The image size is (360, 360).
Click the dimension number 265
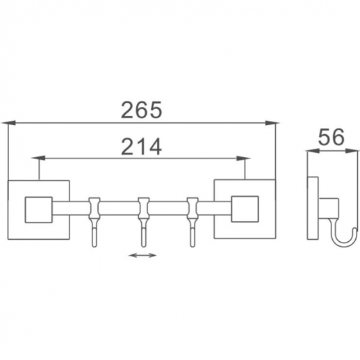(x=141, y=110)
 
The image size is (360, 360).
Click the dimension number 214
(x=141, y=147)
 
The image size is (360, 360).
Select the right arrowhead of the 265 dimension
(x=272, y=123)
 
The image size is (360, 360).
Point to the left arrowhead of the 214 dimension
(x=38, y=158)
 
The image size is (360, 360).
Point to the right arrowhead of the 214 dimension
(x=243, y=158)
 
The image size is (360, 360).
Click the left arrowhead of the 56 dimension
(x=313, y=151)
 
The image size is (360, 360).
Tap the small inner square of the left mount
(x=39, y=210)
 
